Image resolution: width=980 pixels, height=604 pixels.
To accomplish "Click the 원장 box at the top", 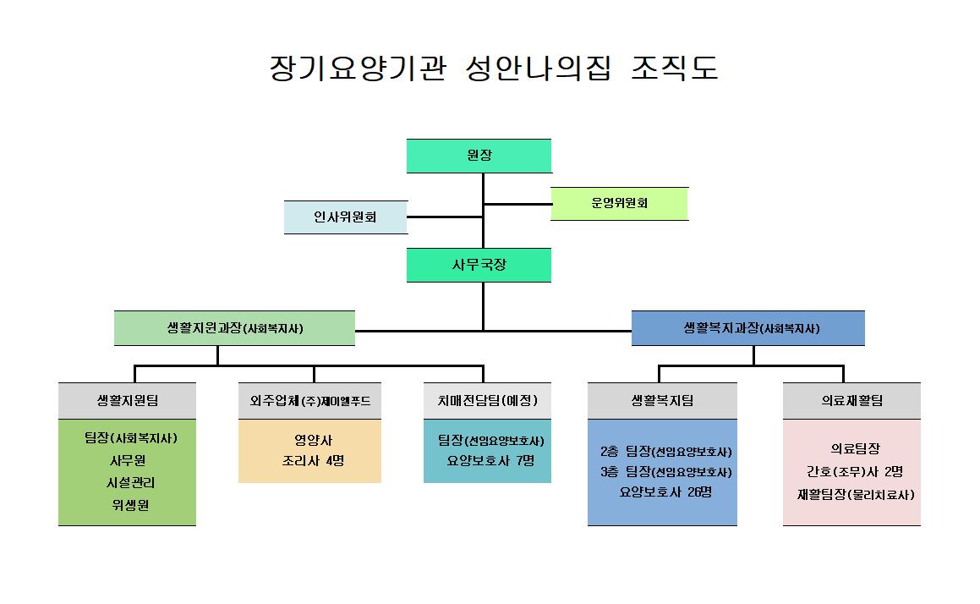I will point(479,156).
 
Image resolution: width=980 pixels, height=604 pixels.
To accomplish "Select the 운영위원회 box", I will point(619,204).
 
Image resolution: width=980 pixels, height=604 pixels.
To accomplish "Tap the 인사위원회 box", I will point(345,217).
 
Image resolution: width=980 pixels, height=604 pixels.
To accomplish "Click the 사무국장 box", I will point(479,265).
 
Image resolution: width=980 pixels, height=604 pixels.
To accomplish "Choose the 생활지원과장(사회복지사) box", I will point(234,328).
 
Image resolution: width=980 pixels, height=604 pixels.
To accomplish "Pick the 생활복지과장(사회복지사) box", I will point(747,328).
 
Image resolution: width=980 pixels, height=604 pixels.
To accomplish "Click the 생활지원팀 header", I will point(127,401).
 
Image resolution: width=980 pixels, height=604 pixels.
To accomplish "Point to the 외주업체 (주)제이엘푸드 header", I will point(309,401).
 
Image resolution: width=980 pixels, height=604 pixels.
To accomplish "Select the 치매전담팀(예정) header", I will point(487,401).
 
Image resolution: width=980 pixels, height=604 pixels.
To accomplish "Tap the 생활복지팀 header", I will point(662,401).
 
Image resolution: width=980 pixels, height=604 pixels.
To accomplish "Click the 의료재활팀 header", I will point(851,401).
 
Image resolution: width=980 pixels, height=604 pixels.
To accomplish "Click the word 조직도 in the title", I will point(675,69).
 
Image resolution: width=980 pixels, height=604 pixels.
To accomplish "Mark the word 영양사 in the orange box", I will point(309,440).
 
